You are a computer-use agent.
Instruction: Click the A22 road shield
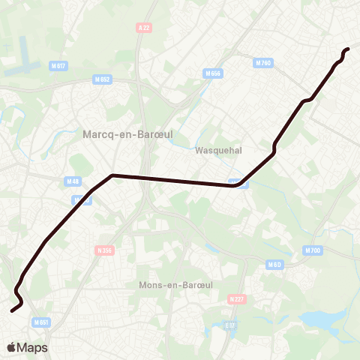click(144, 28)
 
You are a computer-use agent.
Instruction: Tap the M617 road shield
click(58, 66)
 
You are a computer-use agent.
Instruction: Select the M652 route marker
click(103, 79)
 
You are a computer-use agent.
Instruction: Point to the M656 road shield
click(212, 73)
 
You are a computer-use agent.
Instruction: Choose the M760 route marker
click(262, 63)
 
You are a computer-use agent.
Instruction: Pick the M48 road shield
click(73, 180)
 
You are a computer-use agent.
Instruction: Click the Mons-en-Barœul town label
click(171, 285)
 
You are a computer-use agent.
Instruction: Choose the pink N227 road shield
click(235, 298)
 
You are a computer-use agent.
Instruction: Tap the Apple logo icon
click(12, 347)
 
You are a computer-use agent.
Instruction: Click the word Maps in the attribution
click(32, 348)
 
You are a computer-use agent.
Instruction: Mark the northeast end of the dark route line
click(348, 49)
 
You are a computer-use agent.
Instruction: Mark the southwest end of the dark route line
click(11, 310)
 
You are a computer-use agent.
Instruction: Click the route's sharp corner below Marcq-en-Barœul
click(112, 175)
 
